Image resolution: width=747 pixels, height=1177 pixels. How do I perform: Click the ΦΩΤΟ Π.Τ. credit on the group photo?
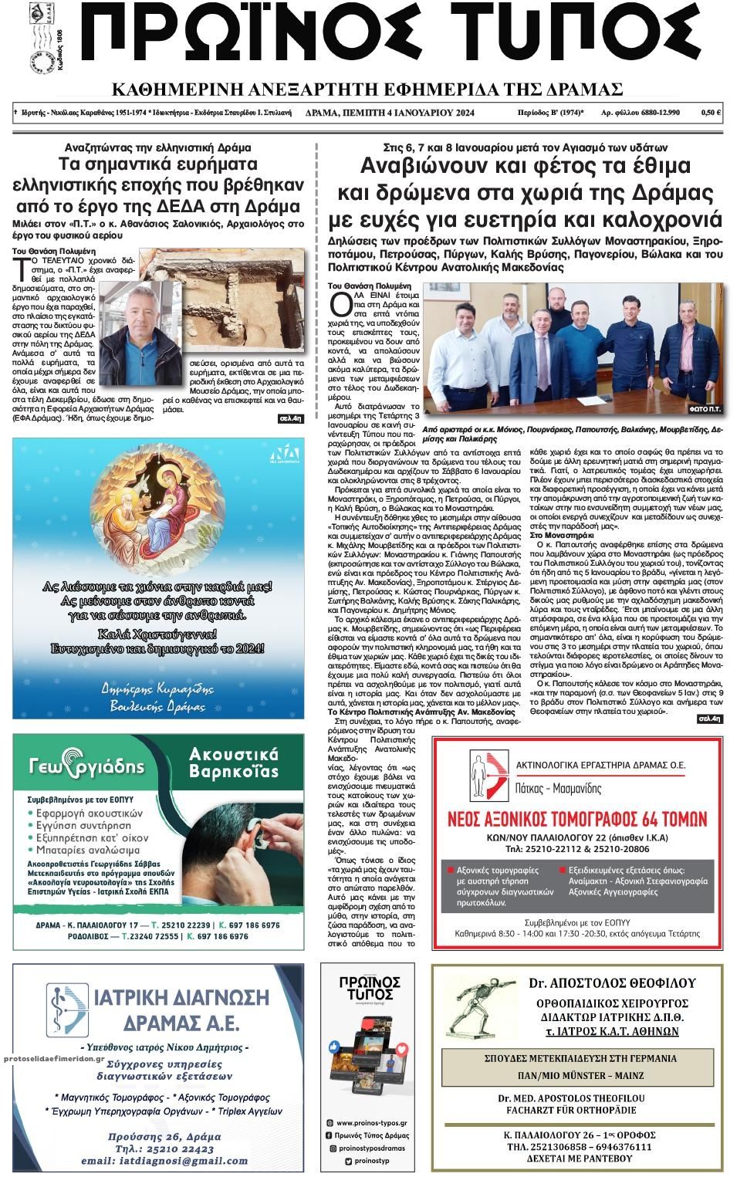tap(705, 408)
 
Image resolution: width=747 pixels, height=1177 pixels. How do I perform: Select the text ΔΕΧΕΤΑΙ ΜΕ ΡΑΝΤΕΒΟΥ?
tap(590, 1158)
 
